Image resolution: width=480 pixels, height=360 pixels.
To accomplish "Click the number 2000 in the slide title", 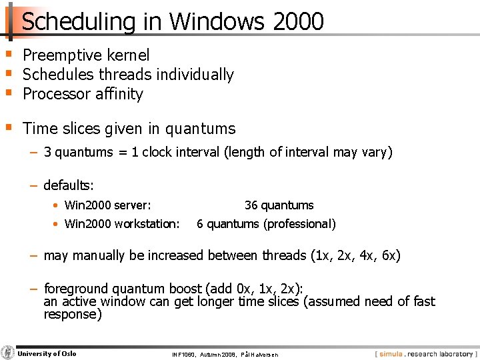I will tap(298, 21).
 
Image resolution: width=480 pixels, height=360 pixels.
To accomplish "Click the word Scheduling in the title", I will tap(79, 21).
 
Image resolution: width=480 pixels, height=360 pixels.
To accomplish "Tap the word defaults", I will tap(68, 185).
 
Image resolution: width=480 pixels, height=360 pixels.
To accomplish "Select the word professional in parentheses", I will tap(300, 224).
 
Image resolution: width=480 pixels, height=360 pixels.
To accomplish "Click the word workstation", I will tap(147, 224).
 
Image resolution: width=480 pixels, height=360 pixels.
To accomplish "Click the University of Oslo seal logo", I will tap(7, 353).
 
